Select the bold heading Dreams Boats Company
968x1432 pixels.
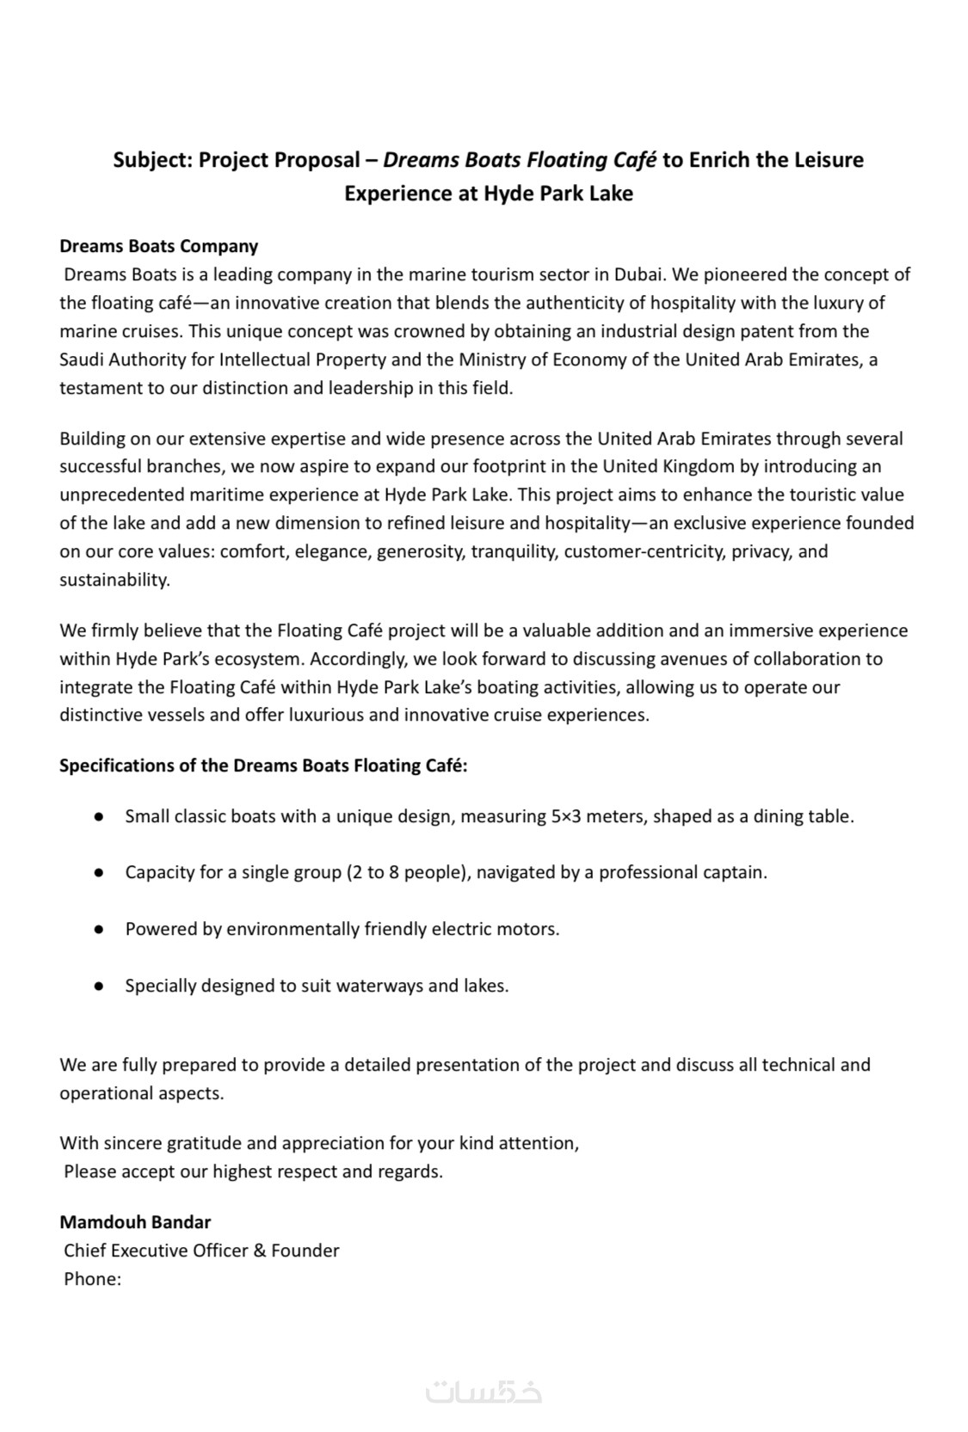[158, 246]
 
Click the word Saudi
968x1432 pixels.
[83, 360]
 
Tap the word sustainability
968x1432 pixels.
[114, 580]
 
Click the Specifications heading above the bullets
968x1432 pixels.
[263, 765]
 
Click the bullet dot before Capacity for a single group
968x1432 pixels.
[100, 873]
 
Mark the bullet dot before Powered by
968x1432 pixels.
[100, 930]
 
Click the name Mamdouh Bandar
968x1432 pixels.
[135, 1222]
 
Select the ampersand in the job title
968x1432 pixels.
[259, 1251]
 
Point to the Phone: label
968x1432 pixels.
[92, 1279]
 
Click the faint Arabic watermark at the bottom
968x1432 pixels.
[484, 1392]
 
